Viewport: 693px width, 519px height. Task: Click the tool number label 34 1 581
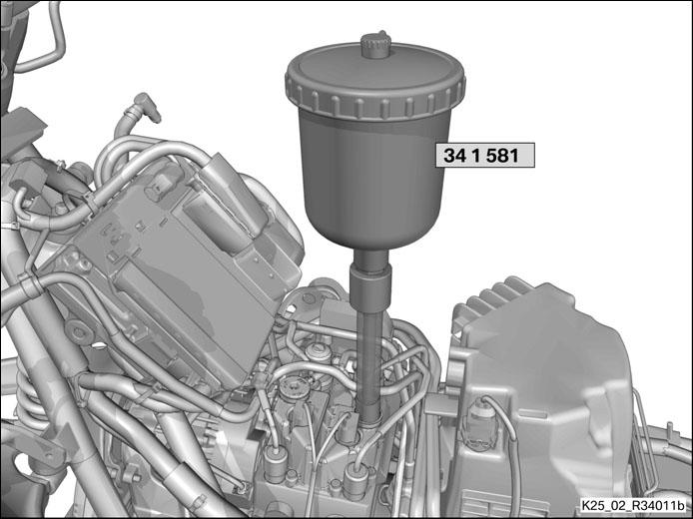pos(485,155)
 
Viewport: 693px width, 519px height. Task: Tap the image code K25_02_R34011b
pos(633,505)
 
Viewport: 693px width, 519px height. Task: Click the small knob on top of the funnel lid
pos(375,44)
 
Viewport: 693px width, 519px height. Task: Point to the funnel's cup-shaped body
pos(374,177)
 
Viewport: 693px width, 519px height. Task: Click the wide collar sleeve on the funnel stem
pos(370,284)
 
